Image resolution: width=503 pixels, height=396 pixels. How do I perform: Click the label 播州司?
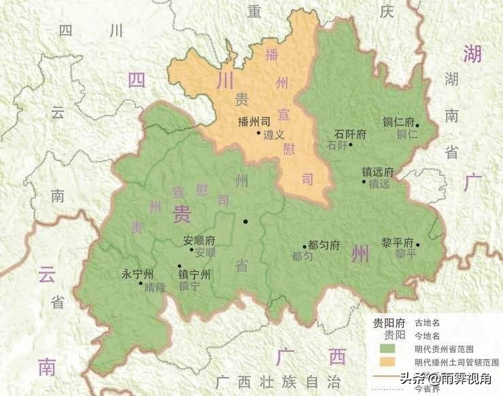click(254, 123)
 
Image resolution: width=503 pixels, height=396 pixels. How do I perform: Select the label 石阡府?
click(351, 134)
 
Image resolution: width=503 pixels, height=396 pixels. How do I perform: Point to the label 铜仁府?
click(398, 122)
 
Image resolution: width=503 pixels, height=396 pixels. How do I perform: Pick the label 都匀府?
click(324, 245)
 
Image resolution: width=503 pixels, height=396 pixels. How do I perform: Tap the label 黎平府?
click(398, 242)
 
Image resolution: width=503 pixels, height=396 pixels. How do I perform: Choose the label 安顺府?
click(199, 240)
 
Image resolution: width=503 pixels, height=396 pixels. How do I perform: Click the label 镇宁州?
click(194, 274)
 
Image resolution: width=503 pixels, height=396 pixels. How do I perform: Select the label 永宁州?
click(138, 274)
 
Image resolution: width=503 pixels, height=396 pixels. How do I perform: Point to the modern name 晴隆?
click(155, 287)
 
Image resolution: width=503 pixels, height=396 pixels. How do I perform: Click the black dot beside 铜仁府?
click(417, 126)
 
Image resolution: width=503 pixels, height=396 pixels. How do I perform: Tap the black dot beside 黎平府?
click(418, 245)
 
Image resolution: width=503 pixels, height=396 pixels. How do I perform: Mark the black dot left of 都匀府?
click(305, 247)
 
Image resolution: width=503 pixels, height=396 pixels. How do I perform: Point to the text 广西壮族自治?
click(277, 380)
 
